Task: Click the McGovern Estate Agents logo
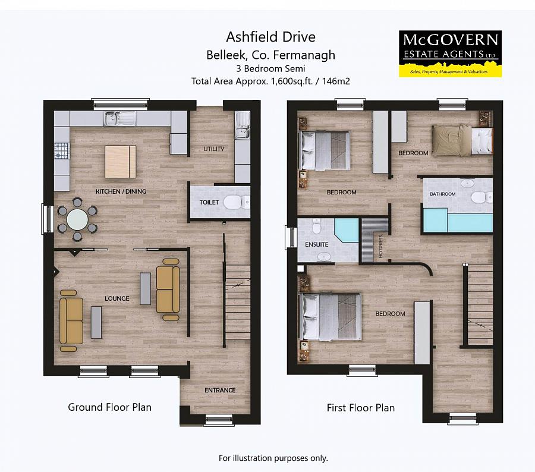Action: [450, 54]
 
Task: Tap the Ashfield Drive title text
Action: [270, 37]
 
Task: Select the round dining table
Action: [77, 219]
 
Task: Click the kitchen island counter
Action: [121, 162]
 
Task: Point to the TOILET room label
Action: [209, 202]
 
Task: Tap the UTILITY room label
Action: [214, 149]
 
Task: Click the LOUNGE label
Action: [117, 298]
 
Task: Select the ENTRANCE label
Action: [220, 390]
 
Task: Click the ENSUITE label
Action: [316, 244]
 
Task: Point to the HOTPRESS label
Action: [379, 247]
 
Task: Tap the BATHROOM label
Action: [443, 194]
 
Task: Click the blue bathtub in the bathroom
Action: [458, 221]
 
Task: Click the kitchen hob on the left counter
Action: [62, 152]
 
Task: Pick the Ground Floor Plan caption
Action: [109, 407]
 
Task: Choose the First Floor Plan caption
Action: [360, 408]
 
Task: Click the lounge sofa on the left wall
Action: [71, 317]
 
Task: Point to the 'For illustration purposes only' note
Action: [273, 458]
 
